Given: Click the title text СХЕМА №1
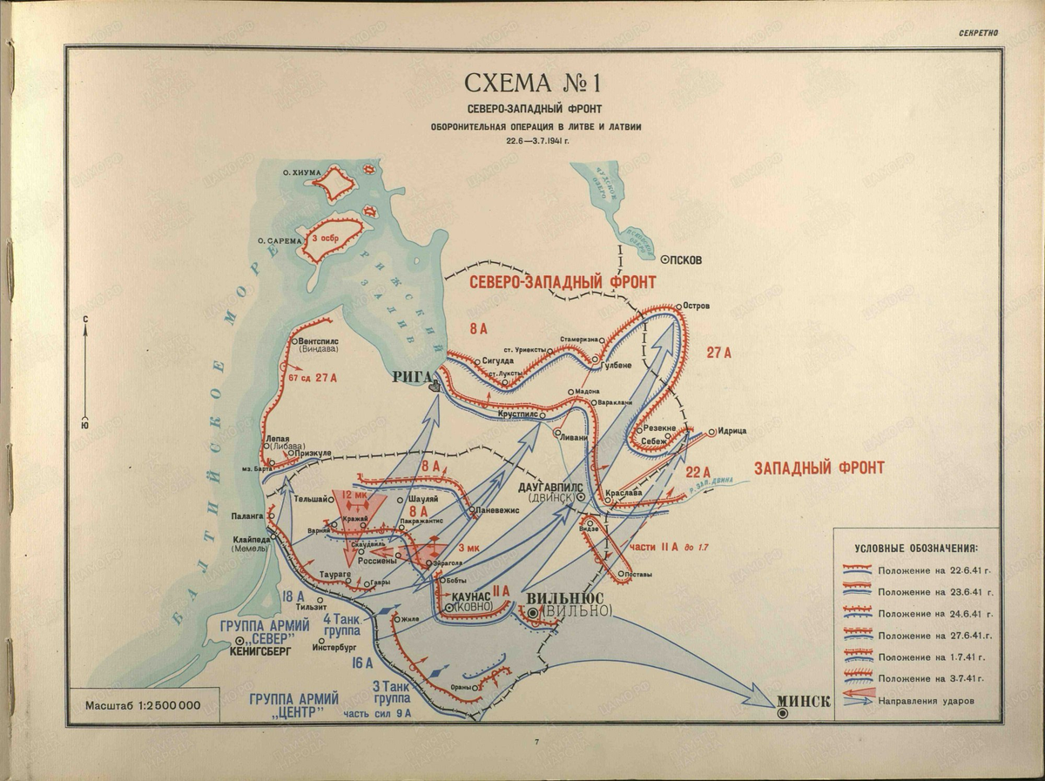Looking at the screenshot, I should coord(533,84).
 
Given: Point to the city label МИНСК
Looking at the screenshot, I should coord(803,702).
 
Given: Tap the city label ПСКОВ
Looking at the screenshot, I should coord(686,259).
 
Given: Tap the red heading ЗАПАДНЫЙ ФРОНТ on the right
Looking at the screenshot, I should coord(819,468).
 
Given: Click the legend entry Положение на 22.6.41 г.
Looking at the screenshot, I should coord(936,570).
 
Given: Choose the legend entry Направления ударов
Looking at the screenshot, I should coord(927,700).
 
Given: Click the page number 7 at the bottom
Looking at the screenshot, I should coord(536,742).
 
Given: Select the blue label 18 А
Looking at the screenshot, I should coord(293,596).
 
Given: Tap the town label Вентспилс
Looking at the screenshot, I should coord(324,342).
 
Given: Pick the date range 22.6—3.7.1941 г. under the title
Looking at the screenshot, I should coord(533,140).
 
